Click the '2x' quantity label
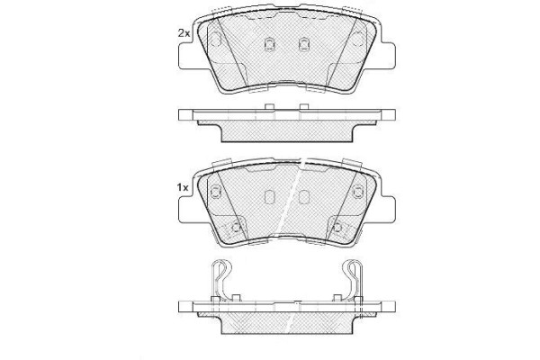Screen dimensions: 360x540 (x=183, y=32)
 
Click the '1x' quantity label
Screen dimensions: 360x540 (x=183, y=186)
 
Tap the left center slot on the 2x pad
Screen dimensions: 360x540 (x=269, y=42)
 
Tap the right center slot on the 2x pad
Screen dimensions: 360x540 (x=303, y=42)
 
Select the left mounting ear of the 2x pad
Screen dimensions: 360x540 (x=192, y=57)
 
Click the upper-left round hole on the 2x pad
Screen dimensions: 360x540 (x=217, y=38)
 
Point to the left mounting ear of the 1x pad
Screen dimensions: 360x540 (x=192, y=210)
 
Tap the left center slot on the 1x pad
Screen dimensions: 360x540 (x=269, y=196)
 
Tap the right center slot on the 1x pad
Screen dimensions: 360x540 (x=303, y=196)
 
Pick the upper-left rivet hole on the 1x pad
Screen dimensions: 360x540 (x=217, y=191)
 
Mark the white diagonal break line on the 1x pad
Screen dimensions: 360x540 (x=293, y=202)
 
